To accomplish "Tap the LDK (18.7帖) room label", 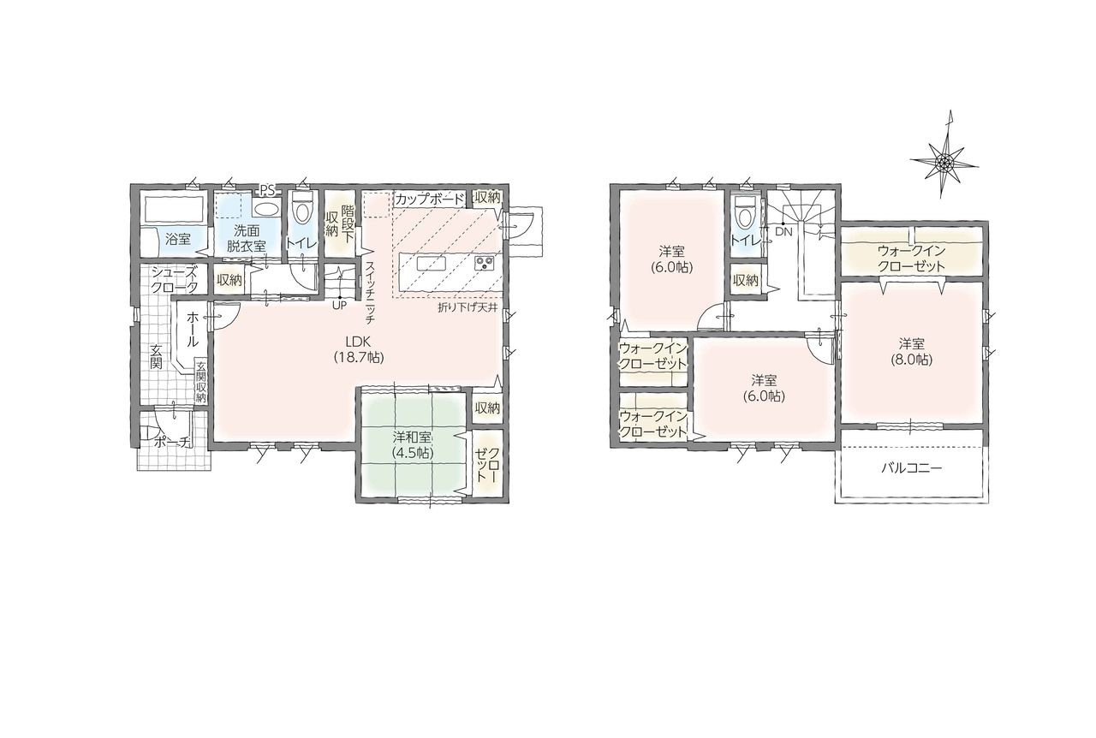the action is click(x=359, y=349).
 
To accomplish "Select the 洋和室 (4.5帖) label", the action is click(x=413, y=444).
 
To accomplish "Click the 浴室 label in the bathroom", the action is click(x=177, y=240).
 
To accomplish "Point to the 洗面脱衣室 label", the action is click(x=250, y=238).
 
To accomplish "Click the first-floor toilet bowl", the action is click(x=302, y=209).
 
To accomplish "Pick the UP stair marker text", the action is click(x=339, y=306).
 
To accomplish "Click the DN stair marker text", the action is click(x=783, y=233).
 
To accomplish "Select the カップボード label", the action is click(x=429, y=199).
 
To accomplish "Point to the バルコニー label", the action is click(x=912, y=468).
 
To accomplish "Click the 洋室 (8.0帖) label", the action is click(x=912, y=351).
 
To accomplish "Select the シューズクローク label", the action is click(x=174, y=279).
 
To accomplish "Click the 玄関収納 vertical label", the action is click(x=200, y=382).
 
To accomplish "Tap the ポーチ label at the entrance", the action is click(x=171, y=442).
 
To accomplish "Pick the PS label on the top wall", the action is click(x=268, y=189).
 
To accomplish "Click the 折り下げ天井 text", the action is click(x=468, y=308).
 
